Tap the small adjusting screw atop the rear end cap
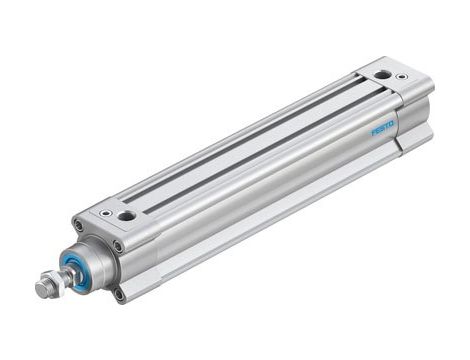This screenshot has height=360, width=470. pyautogui.click(x=402, y=77)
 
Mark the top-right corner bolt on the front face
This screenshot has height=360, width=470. pyautogui.click(x=118, y=246)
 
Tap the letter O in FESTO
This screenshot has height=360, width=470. pyautogui.click(x=393, y=125)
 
